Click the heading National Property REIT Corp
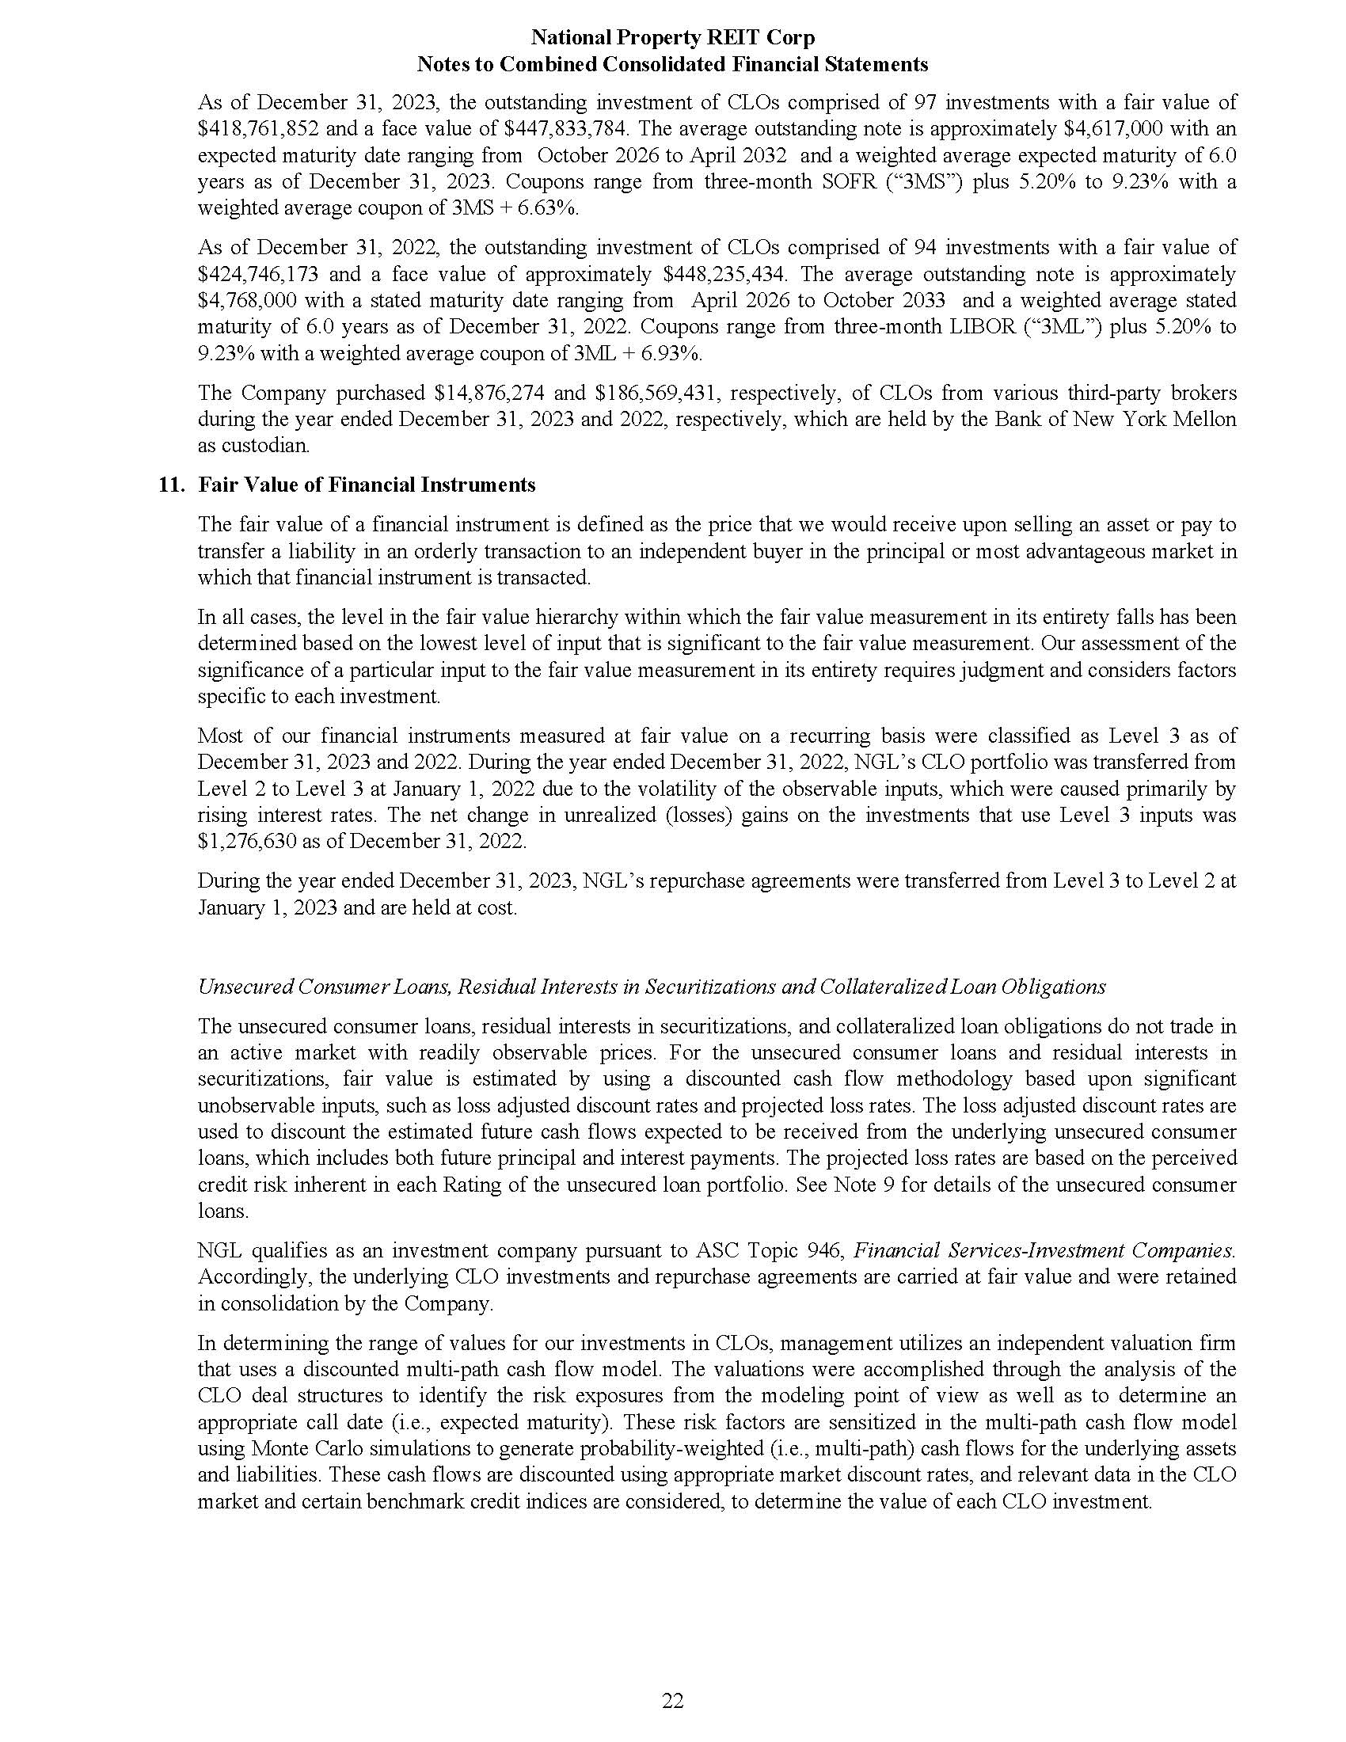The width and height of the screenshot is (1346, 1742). coord(672,37)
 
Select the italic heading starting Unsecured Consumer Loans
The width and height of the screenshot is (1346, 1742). coord(652,987)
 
